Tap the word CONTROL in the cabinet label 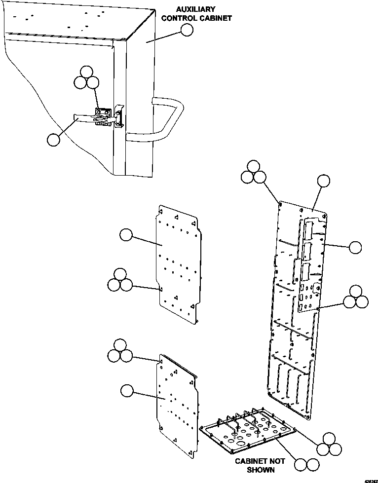[x=189, y=18]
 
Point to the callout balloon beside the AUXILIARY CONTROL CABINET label [x=187, y=30]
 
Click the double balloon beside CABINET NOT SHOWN [x=306, y=464]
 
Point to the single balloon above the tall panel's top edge [x=323, y=181]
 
